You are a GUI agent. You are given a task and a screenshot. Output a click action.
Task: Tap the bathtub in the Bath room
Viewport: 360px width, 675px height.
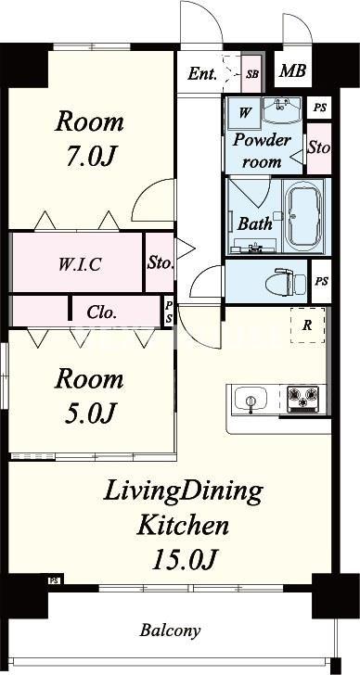pyautogui.click(x=305, y=216)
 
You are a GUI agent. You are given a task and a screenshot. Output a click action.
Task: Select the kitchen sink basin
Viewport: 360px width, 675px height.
pyautogui.click(x=250, y=399)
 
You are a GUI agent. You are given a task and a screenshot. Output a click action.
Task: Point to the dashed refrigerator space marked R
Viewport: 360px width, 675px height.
pyautogui.click(x=307, y=325)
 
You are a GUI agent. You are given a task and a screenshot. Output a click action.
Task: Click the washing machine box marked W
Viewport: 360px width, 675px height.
pyautogui.click(x=244, y=113)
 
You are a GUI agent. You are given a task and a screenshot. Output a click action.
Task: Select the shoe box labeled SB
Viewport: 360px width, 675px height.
pyautogui.click(x=252, y=73)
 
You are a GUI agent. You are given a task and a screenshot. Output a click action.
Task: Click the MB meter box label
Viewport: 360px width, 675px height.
pyautogui.click(x=293, y=70)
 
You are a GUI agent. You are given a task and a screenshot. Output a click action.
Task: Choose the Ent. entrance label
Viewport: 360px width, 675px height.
pyautogui.click(x=202, y=74)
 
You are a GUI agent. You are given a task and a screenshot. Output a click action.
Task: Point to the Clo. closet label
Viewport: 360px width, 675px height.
pyautogui.click(x=102, y=312)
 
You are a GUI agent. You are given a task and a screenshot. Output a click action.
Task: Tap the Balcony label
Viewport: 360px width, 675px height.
pyautogui.click(x=170, y=631)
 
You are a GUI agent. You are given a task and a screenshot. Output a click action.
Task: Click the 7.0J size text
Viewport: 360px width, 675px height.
pyautogui.click(x=90, y=156)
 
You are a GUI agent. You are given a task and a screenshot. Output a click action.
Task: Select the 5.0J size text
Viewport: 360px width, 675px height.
pyautogui.click(x=90, y=413)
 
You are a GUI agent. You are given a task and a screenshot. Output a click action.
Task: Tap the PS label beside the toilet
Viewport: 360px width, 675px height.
pyautogui.click(x=321, y=282)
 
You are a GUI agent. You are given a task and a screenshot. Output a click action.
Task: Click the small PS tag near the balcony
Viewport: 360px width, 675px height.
pyautogui.click(x=54, y=579)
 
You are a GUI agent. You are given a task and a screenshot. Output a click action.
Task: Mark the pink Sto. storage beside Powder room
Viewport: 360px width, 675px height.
pyautogui.click(x=319, y=148)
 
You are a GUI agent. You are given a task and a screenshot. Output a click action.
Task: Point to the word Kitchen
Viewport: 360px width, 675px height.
pyautogui.click(x=183, y=525)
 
